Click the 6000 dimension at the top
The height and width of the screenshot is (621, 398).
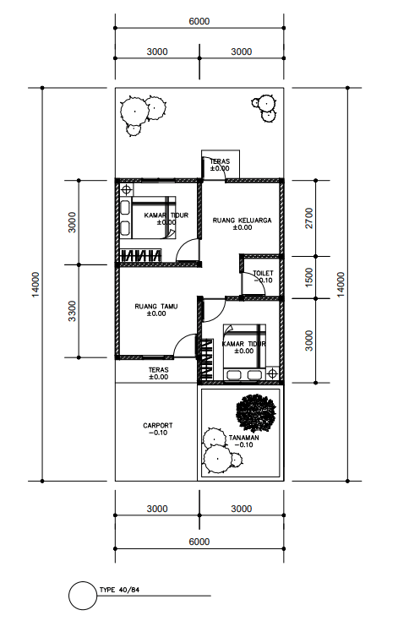tap(199, 21)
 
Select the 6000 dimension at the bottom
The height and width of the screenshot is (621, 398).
tap(199, 541)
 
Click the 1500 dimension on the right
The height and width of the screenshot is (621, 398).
tap(309, 277)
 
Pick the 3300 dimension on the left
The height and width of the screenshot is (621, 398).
tap(72, 310)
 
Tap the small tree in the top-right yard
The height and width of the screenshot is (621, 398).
tap(264, 105)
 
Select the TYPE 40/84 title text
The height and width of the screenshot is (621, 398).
tap(120, 590)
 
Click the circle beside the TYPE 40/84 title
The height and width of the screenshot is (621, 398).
tap(83, 596)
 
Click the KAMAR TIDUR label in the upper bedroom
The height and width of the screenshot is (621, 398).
tap(166, 217)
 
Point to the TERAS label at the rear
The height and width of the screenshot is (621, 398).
tap(219, 164)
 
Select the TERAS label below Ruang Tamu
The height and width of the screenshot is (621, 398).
tap(158, 373)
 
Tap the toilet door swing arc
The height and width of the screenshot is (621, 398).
tap(254, 287)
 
